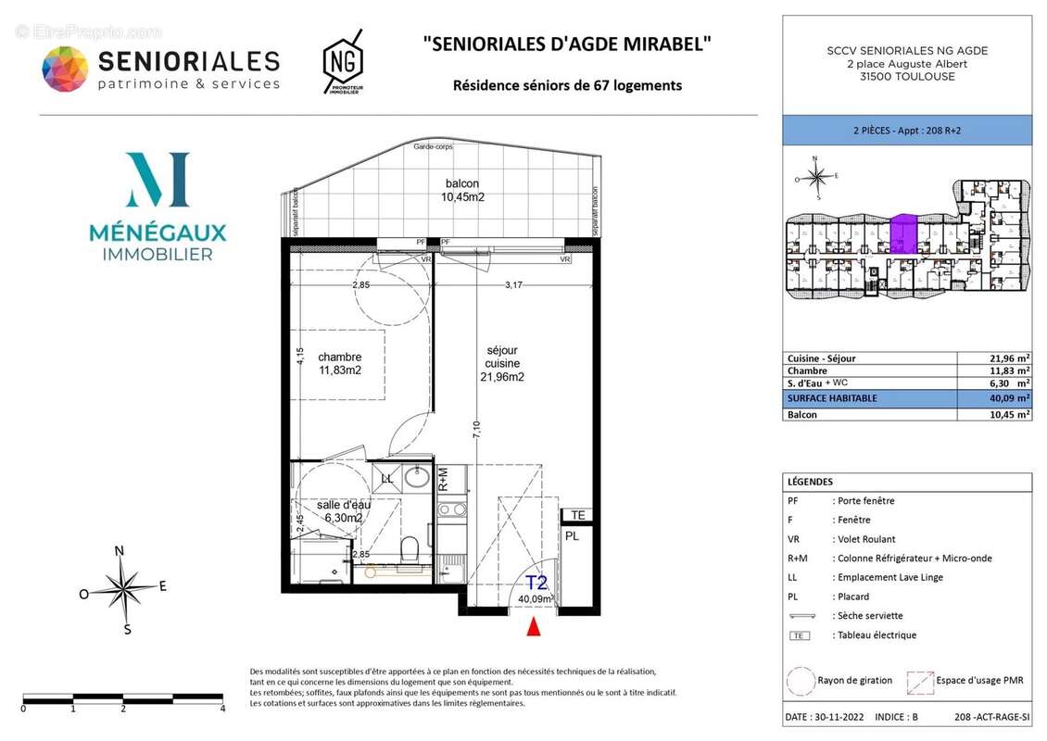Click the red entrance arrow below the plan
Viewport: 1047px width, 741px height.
point(533,627)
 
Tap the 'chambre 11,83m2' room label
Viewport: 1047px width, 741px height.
point(339,363)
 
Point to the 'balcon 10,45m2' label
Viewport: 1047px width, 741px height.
point(461,190)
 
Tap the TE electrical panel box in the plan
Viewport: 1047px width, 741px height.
point(577,515)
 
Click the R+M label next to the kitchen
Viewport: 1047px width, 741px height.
point(443,478)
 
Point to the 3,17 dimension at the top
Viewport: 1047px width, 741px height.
point(512,284)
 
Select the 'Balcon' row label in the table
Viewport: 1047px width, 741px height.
point(802,415)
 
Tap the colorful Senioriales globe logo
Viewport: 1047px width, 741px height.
point(65,70)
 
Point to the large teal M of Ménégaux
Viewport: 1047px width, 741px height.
point(158,180)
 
